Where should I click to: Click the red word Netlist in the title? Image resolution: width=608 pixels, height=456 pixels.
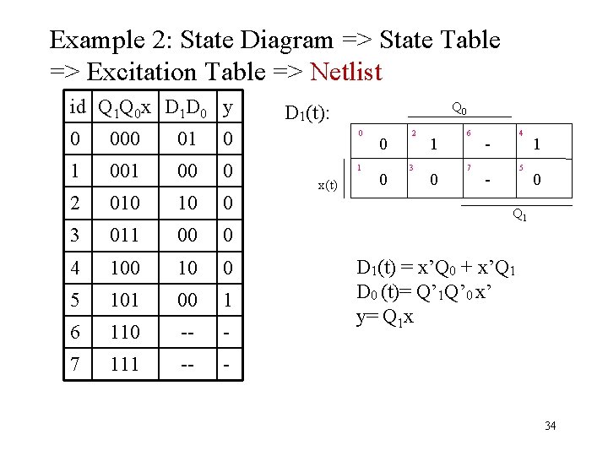pyautogui.click(x=346, y=72)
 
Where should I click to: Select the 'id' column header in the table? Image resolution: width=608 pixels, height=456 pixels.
pyautogui.click(x=78, y=108)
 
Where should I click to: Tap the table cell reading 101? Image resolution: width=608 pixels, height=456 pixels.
pyautogui.click(x=125, y=301)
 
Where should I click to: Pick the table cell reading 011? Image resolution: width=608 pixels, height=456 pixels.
pyautogui.click(x=125, y=236)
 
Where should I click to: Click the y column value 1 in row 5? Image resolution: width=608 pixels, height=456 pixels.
pyautogui.click(x=229, y=301)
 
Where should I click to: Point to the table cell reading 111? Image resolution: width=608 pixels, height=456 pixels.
pyautogui.click(x=125, y=365)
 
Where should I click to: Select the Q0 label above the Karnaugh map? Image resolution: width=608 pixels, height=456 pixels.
pyautogui.click(x=459, y=108)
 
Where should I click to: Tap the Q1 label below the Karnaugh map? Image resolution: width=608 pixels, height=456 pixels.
pyautogui.click(x=522, y=215)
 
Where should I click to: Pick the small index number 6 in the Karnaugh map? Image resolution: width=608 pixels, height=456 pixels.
pyautogui.click(x=469, y=133)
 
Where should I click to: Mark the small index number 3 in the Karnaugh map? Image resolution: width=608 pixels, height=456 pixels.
pyautogui.click(x=411, y=167)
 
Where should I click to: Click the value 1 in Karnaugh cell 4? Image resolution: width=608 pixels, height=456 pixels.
pyautogui.click(x=537, y=145)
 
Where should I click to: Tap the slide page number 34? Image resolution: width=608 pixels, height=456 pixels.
pyautogui.click(x=550, y=425)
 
